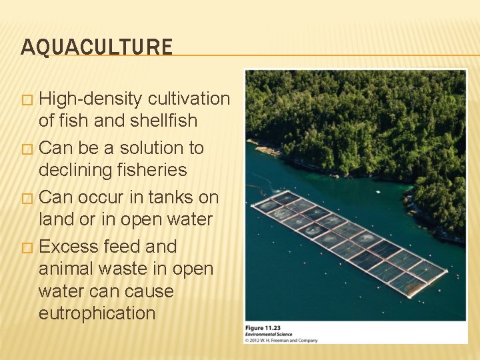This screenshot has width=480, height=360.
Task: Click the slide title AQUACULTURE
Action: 97,47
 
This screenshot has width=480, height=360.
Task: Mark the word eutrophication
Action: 97,313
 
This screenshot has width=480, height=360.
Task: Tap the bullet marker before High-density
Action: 27,100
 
